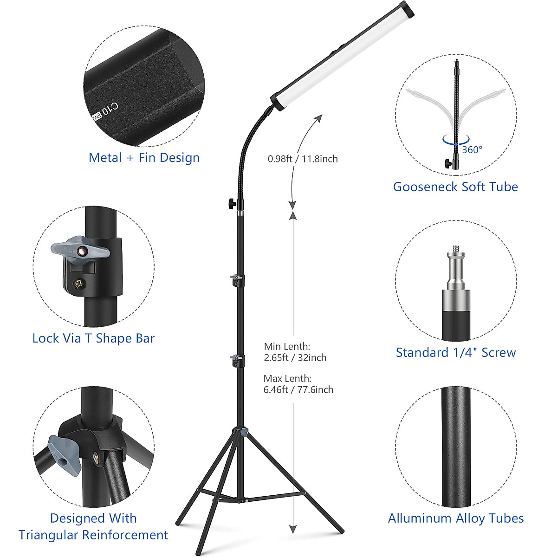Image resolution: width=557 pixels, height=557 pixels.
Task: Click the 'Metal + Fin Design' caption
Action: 144,158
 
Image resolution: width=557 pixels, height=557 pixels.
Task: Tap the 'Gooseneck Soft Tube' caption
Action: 455,187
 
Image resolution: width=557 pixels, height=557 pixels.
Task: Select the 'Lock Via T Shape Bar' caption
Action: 93,338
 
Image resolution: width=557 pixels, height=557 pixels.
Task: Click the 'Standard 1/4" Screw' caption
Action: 455,353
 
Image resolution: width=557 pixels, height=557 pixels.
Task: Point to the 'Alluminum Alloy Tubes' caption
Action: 455,518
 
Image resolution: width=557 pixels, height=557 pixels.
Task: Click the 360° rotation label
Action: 472,149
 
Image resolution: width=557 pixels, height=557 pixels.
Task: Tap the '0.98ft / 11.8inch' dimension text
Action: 303,159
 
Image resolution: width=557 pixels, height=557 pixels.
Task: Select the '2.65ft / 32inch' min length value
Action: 295,358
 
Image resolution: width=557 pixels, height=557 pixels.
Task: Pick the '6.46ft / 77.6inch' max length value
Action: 298,390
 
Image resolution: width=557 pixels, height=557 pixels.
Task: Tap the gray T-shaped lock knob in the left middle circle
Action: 80,251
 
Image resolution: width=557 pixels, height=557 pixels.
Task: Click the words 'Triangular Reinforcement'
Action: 93,535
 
